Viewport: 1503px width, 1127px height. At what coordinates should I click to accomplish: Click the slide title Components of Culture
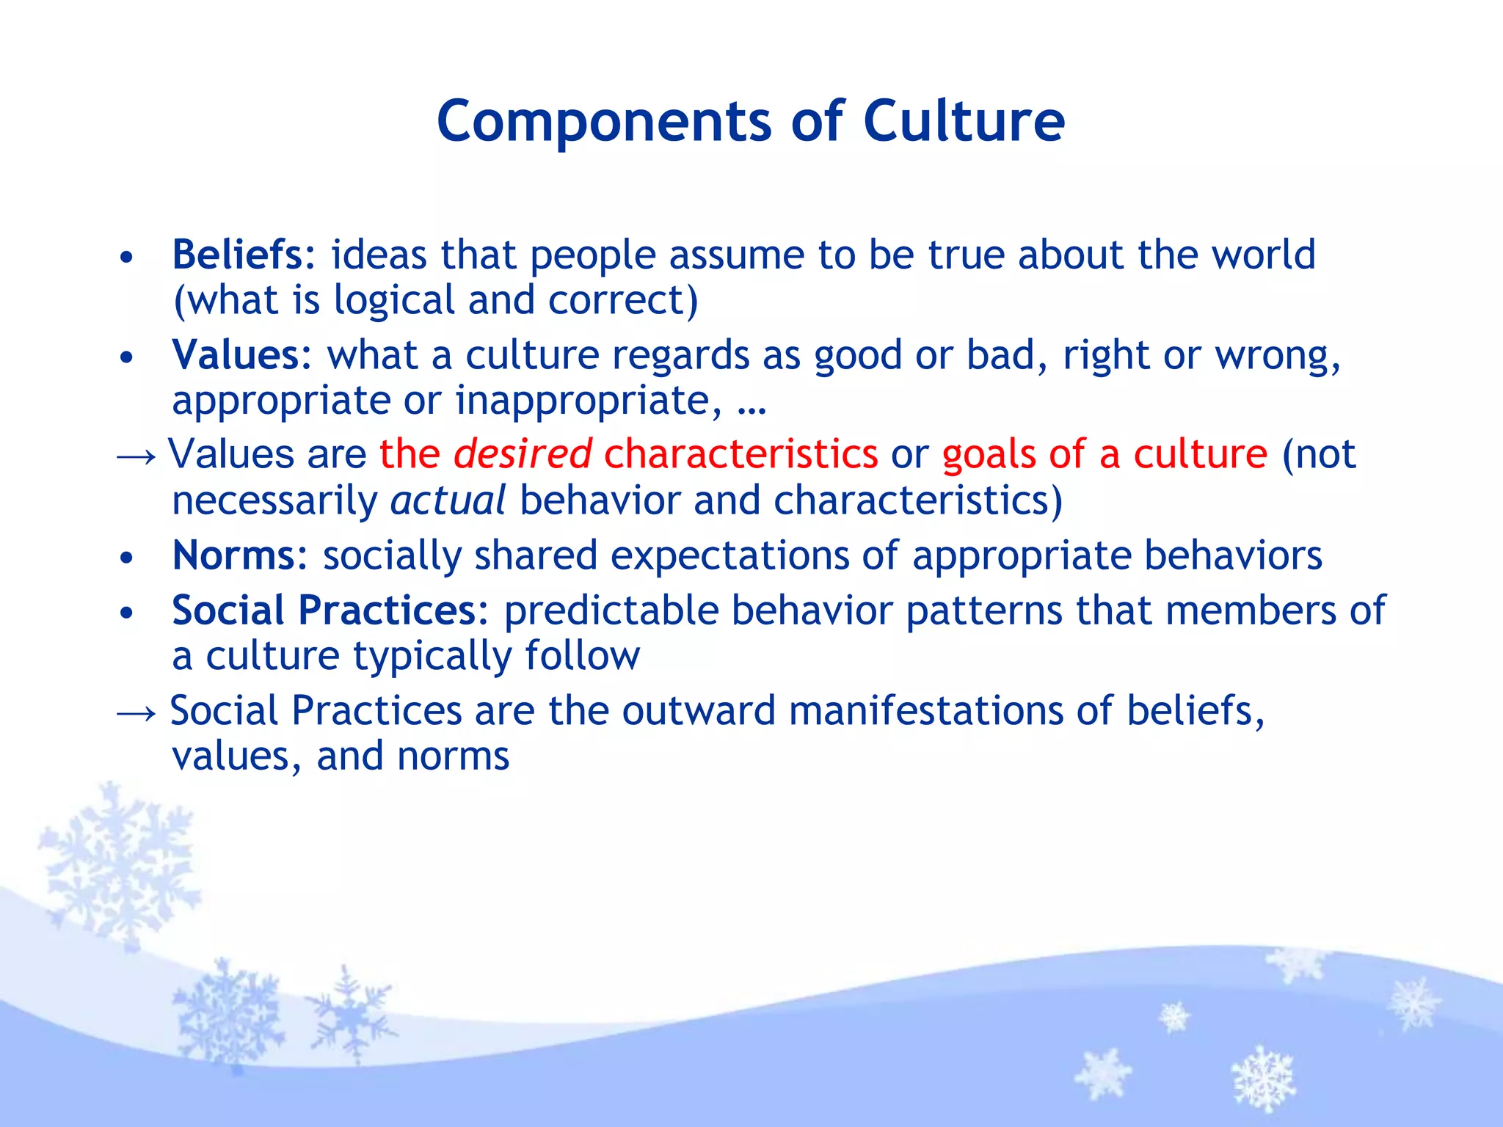tap(750, 121)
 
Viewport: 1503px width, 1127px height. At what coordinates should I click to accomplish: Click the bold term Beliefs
tap(237, 255)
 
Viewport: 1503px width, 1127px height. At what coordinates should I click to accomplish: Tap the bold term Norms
tap(233, 555)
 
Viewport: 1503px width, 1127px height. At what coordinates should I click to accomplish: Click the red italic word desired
tap(522, 454)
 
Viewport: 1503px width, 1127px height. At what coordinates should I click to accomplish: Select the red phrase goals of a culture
tap(1104, 454)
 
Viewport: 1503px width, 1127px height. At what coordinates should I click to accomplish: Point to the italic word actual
tap(448, 501)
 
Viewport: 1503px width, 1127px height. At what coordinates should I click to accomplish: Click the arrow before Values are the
tap(137, 456)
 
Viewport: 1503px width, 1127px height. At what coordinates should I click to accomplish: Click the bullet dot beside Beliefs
tap(127, 258)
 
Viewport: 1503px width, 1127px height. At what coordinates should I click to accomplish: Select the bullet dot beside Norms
tap(127, 558)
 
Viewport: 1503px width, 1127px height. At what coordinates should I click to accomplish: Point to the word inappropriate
tap(583, 401)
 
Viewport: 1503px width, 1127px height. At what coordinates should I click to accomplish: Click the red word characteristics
tap(740, 454)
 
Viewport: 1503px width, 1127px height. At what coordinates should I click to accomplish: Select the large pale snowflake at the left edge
tap(117, 866)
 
